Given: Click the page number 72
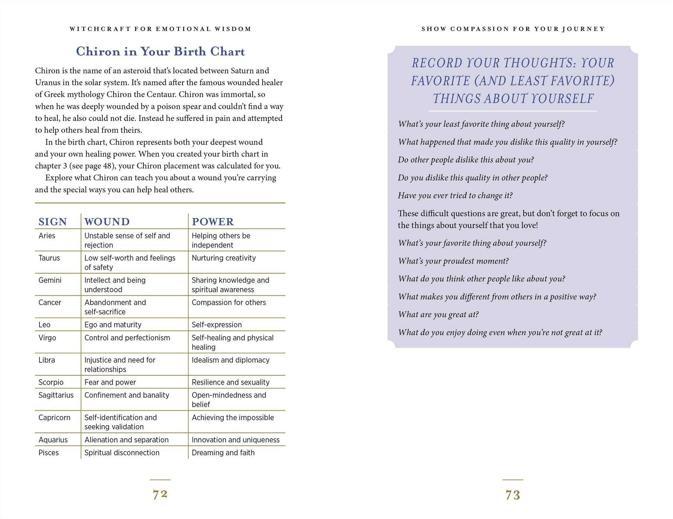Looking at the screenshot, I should [x=160, y=494].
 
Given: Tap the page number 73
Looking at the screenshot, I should [x=512, y=495].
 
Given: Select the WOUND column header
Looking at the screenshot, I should [x=107, y=222].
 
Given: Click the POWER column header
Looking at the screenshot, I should [x=213, y=222].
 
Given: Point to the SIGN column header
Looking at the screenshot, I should [x=53, y=222].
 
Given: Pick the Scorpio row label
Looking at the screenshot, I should [x=51, y=382].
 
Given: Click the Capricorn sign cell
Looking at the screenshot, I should [x=54, y=417].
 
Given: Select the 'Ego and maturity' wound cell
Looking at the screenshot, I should [x=113, y=324].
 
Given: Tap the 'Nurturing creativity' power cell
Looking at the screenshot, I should [x=223, y=258].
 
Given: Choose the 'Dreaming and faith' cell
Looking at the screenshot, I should [x=223, y=452].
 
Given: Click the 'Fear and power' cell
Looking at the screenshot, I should [x=110, y=382].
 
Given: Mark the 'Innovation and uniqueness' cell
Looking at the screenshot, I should [x=235, y=440].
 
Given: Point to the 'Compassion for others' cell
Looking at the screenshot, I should [x=229, y=302].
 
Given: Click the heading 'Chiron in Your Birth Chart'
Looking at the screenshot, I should [x=160, y=51].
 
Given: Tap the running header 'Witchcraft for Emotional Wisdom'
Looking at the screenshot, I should [x=160, y=29].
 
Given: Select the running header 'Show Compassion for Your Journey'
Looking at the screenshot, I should [x=513, y=29].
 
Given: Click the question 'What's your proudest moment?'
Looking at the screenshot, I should [x=453, y=261].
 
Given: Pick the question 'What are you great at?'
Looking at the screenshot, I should [x=438, y=314].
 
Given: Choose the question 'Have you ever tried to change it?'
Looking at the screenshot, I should [x=455, y=195].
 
